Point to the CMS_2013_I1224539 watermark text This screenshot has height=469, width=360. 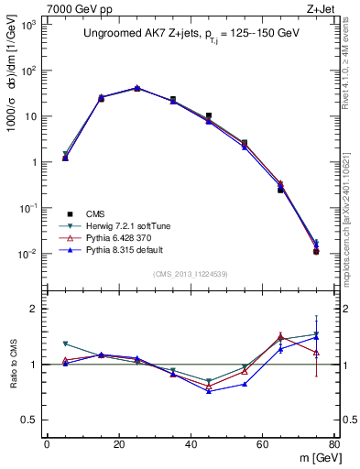tap(189, 273)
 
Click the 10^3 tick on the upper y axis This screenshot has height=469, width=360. tap(29, 25)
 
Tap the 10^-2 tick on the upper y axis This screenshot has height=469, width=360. tap(28, 254)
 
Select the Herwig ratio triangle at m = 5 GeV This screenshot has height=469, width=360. tap(65, 344)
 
